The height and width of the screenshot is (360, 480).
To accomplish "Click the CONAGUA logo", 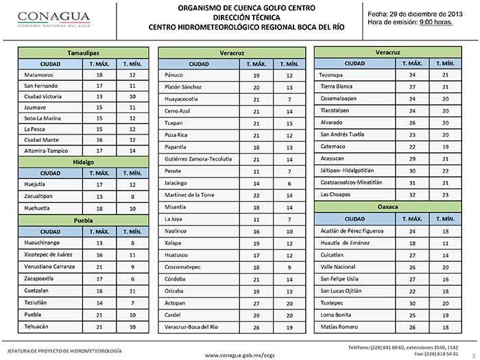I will pyautogui.click(x=47, y=18).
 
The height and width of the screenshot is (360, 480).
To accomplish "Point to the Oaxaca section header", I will pyautogui.click(x=388, y=206).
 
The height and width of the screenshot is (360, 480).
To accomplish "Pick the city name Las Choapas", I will pyautogui.click(x=336, y=194).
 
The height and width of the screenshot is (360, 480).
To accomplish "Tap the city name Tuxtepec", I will pyautogui.click(x=333, y=303).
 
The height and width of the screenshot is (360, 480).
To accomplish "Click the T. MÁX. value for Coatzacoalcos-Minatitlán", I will pyautogui.click(x=412, y=182).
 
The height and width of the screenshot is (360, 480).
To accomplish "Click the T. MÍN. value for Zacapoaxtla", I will pyautogui.click(x=128, y=278).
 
